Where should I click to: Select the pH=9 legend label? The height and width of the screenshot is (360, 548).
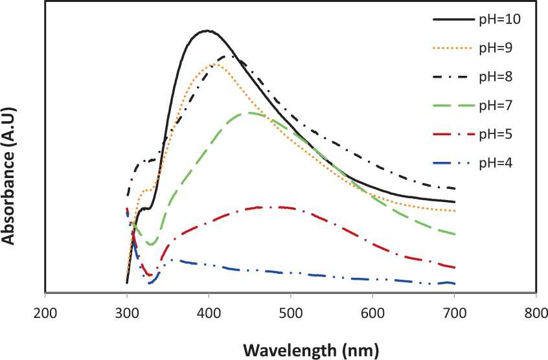(497, 48)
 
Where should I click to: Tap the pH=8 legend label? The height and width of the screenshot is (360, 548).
(497, 76)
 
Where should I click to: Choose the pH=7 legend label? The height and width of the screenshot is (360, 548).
(497, 105)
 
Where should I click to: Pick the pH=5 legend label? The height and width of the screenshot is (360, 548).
(497, 133)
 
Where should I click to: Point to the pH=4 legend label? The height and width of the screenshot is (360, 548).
(497, 162)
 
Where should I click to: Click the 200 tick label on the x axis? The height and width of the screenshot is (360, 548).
(45, 313)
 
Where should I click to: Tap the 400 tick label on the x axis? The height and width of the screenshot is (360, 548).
(209, 313)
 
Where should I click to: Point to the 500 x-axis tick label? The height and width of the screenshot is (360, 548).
(291, 313)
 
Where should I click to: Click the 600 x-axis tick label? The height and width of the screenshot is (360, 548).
(372, 313)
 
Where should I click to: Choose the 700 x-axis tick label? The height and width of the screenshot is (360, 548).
(455, 313)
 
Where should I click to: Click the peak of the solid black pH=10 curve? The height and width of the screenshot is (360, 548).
(207, 30)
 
